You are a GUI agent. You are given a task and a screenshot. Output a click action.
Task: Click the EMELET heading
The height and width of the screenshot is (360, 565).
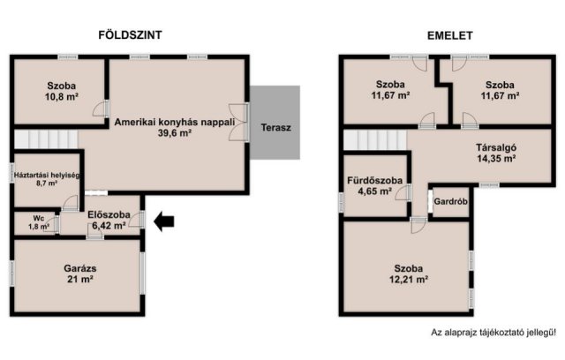pos(450,35)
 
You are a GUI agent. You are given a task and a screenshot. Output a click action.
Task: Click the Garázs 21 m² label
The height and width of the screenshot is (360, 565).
pos(79,273)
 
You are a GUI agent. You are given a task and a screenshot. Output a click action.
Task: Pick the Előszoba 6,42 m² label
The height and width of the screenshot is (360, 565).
pos(109,220)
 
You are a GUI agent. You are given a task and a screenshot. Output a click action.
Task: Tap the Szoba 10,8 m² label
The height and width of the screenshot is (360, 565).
pos(61,91)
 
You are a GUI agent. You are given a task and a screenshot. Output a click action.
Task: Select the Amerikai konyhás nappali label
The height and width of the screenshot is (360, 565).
pos(174,123)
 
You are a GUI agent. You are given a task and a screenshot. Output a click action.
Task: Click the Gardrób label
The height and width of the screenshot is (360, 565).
pos(451,201)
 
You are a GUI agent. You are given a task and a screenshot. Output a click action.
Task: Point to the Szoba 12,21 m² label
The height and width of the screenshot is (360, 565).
pos(409,273)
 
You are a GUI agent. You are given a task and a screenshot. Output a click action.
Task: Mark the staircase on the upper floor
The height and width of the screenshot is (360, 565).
pos(374,140)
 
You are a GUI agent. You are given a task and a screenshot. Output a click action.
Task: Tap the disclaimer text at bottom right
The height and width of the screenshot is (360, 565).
pos(493,333)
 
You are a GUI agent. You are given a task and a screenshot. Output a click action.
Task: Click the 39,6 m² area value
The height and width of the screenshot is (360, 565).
pos(175,133)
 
